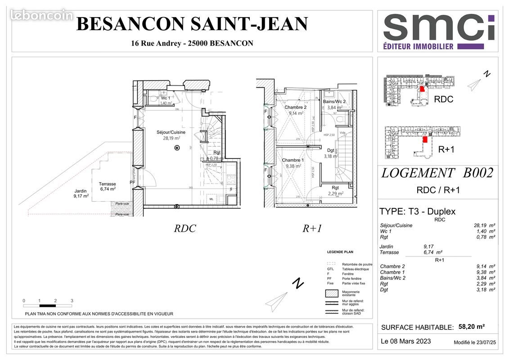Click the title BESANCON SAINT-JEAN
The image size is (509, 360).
point(192,24)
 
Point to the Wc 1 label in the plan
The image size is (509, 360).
point(165,98)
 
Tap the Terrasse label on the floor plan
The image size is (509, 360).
point(108,184)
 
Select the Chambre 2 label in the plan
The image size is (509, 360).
point(295,108)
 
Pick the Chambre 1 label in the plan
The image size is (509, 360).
point(293,160)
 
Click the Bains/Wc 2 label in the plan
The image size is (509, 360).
point(334,102)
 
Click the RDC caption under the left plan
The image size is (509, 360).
point(185,228)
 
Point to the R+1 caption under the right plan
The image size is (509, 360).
point(312,228)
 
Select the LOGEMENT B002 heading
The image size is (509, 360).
point(437,173)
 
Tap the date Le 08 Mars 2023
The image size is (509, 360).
point(405,341)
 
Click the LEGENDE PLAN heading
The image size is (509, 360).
point(340,252)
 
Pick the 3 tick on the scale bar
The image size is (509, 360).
point(72,301)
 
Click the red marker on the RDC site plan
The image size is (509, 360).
point(422,89)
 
